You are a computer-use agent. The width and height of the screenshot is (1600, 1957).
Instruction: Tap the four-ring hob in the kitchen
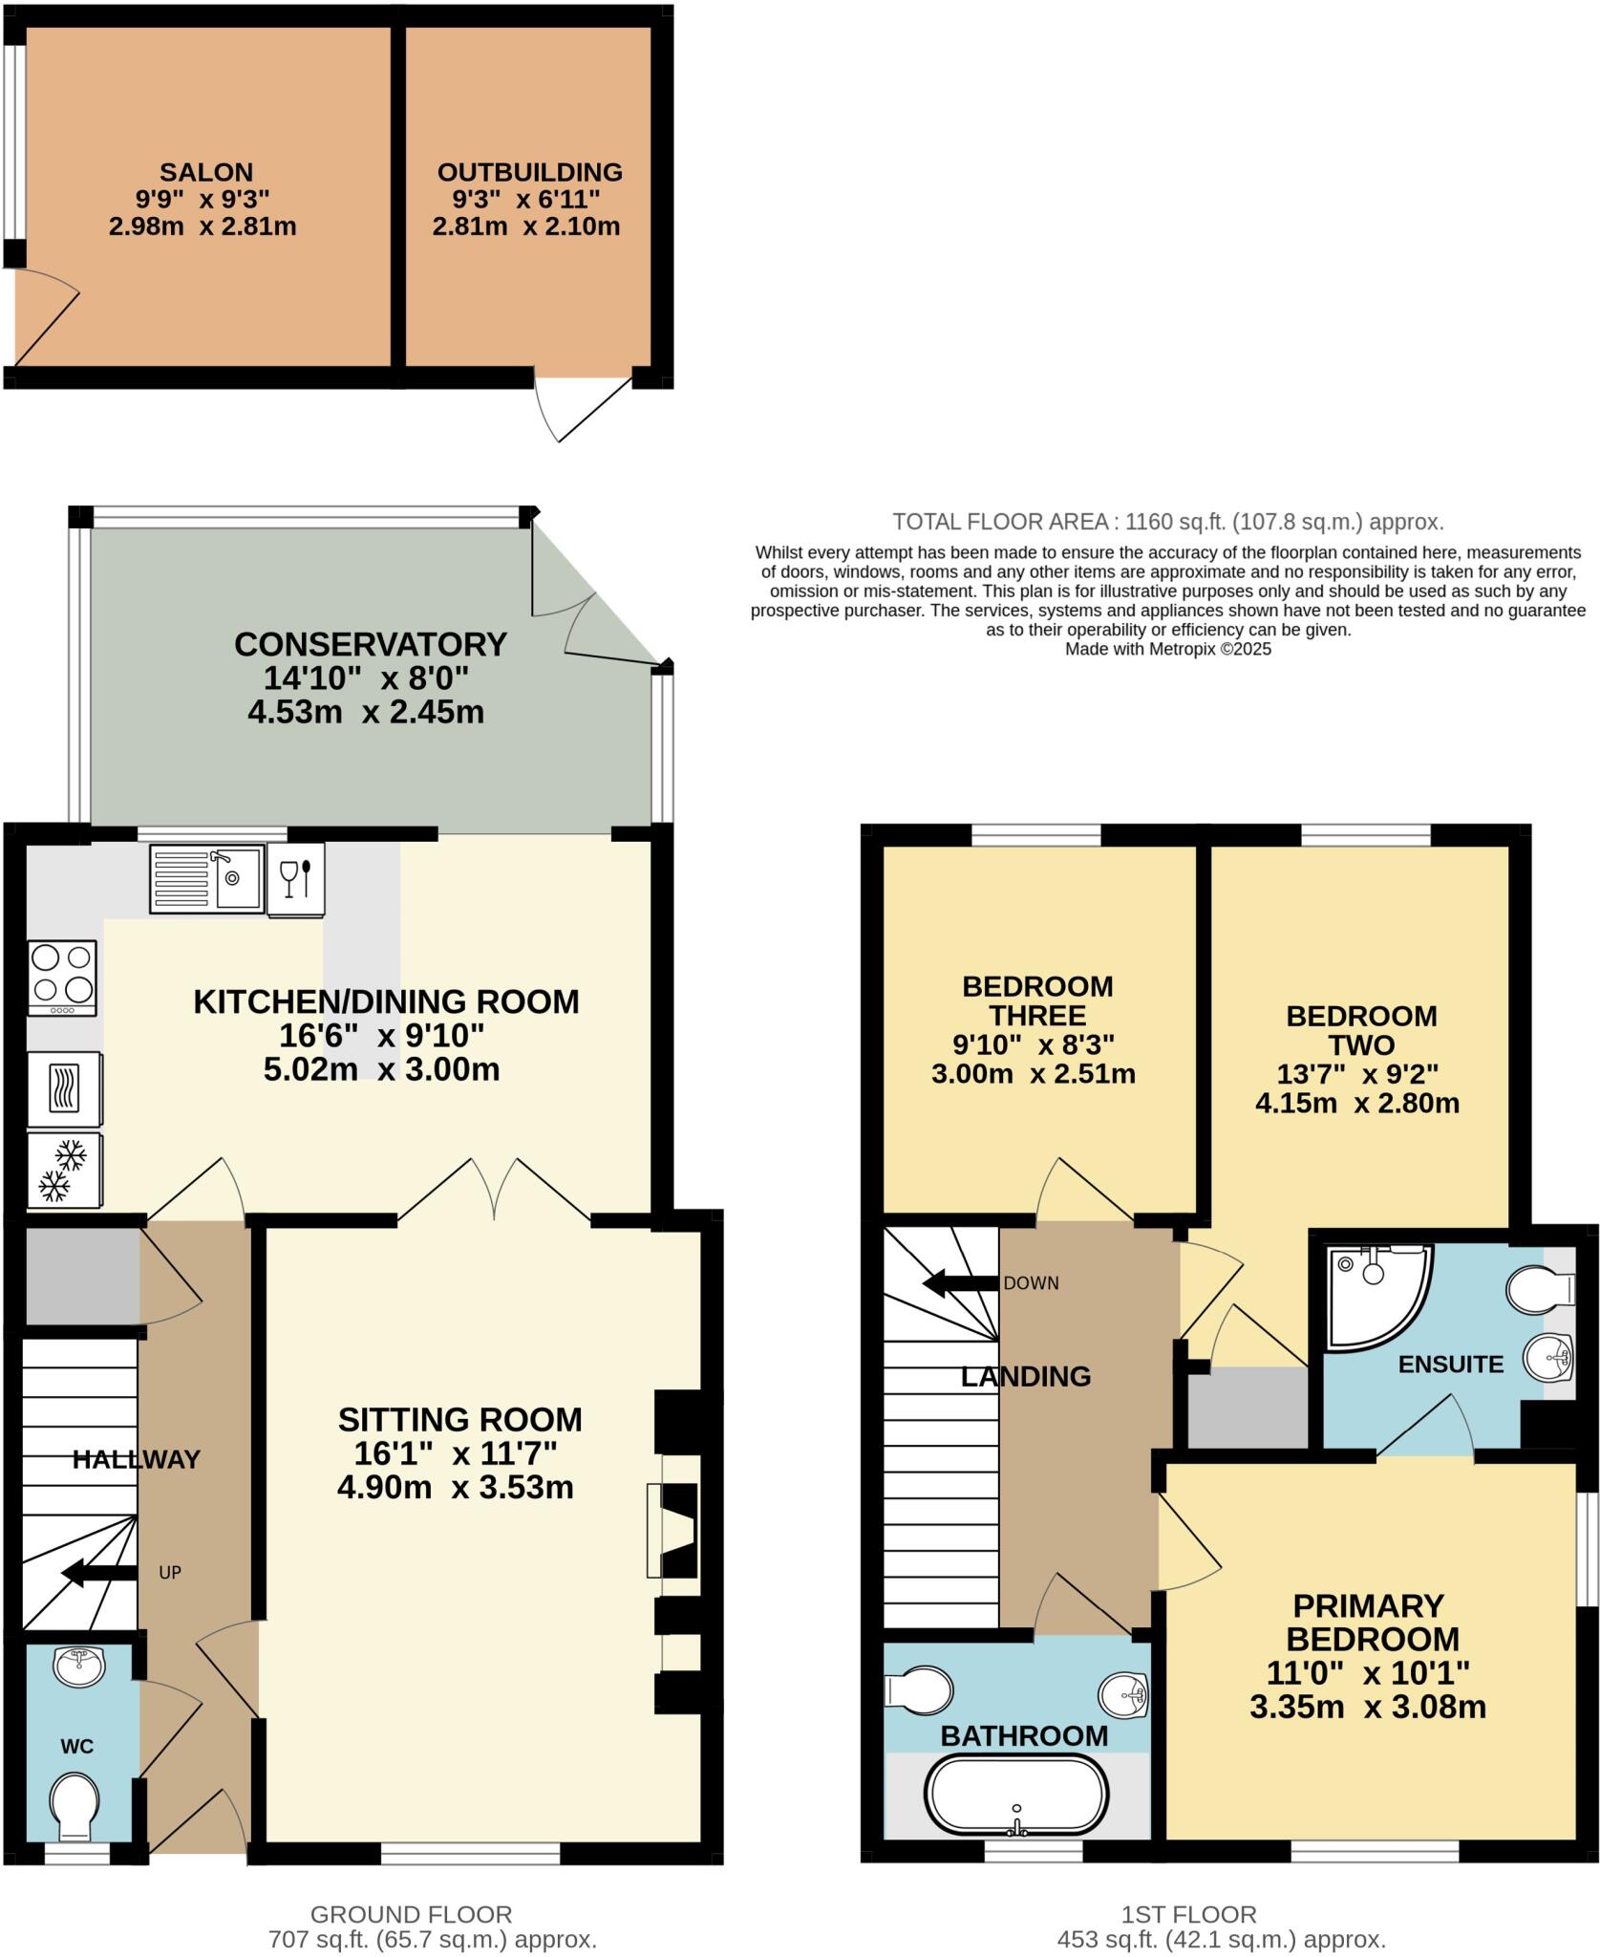coord(63,978)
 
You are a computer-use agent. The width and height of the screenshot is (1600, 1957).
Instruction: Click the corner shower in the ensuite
coord(1376,1295)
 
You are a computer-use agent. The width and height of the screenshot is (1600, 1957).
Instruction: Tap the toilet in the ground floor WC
coord(75,1805)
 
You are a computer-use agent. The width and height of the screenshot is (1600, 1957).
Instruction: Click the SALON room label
coord(206,173)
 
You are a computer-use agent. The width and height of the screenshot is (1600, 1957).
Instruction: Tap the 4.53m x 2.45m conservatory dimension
coord(366,712)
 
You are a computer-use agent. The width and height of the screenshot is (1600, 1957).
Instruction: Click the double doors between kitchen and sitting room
coord(495,1190)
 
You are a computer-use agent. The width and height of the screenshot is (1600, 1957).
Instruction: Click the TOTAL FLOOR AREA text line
coord(1167,522)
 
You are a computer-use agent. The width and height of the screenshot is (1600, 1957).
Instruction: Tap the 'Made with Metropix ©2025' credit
coord(1167,649)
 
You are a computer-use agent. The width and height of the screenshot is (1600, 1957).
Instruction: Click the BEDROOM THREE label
coord(1036,1000)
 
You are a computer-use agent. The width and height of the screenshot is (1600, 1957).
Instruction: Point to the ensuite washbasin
coord(1548,1357)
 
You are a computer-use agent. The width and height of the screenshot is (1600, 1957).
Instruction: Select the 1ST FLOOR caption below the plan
coord(1188,1914)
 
